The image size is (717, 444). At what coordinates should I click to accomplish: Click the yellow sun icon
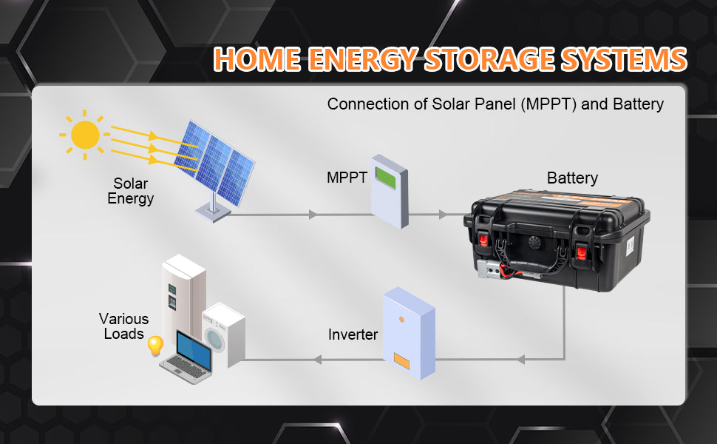(x=85, y=135)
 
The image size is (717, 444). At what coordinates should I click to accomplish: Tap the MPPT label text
(x=347, y=178)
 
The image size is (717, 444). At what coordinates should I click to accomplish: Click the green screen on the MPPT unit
(x=385, y=178)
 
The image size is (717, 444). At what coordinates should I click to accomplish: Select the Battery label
(x=572, y=178)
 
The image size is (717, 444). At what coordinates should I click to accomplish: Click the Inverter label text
(x=353, y=334)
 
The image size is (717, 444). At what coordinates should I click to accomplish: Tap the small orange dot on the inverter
(x=401, y=319)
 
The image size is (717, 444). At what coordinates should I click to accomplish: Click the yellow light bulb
(x=155, y=346)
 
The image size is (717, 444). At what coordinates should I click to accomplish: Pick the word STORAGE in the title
(x=489, y=59)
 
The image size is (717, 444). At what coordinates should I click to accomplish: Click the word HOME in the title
(x=257, y=59)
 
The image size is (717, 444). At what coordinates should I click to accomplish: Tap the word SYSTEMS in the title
(x=624, y=59)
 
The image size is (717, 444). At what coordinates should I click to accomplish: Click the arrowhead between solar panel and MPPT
(x=313, y=214)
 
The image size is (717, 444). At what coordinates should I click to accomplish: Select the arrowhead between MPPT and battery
(x=442, y=214)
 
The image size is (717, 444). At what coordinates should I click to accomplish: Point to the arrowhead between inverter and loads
(x=318, y=360)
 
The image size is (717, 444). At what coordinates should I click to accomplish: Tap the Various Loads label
(x=124, y=326)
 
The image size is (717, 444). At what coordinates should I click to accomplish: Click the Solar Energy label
(x=130, y=192)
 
